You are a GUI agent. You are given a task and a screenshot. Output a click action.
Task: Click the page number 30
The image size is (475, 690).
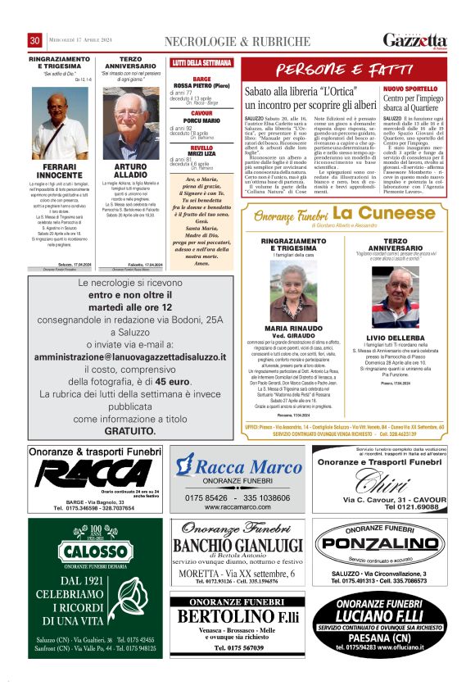click(x=35, y=40)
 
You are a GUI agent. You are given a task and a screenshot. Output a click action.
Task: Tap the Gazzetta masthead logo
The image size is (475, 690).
click(x=416, y=40)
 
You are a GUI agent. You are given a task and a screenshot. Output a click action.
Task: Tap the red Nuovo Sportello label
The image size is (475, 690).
click(x=410, y=88)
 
